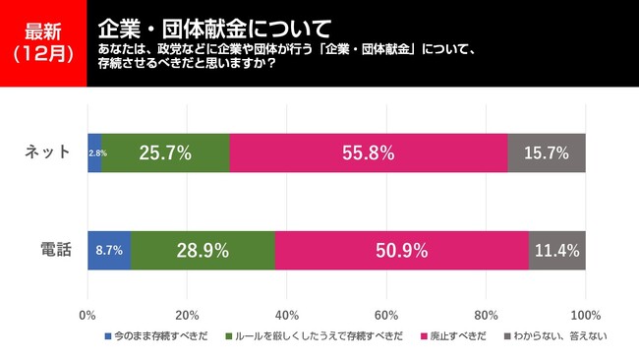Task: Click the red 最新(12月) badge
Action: tap(43, 43)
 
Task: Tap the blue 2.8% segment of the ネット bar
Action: tap(94, 152)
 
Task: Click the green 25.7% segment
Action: tap(165, 152)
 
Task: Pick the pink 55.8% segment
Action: tap(369, 152)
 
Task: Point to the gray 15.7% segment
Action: tap(547, 152)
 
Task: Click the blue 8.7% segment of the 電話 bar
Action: tap(109, 250)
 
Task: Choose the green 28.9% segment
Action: tap(203, 250)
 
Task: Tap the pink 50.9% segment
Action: tap(402, 250)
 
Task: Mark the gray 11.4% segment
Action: tap(557, 250)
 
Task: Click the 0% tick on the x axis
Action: tap(87, 316)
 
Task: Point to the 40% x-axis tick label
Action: tap(287, 316)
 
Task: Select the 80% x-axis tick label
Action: tap(486, 316)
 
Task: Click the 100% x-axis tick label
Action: tap(585, 316)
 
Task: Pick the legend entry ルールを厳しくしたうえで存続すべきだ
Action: tap(318, 336)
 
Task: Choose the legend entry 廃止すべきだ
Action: tap(458, 336)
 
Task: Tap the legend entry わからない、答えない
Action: tap(555, 336)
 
